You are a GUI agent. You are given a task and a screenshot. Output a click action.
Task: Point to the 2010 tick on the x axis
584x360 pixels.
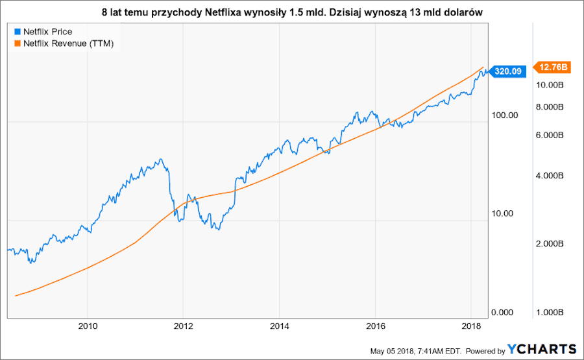(88, 325)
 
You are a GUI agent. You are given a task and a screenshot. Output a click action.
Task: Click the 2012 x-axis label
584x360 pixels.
(184, 325)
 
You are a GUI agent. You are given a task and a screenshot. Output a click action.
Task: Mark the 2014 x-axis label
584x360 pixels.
(279, 325)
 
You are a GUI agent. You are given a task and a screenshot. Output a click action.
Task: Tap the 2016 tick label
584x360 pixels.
(376, 325)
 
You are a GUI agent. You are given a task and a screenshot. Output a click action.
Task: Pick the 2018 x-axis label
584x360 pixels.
(472, 325)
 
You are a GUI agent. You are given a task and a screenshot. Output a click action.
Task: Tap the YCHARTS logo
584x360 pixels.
(542, 349)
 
